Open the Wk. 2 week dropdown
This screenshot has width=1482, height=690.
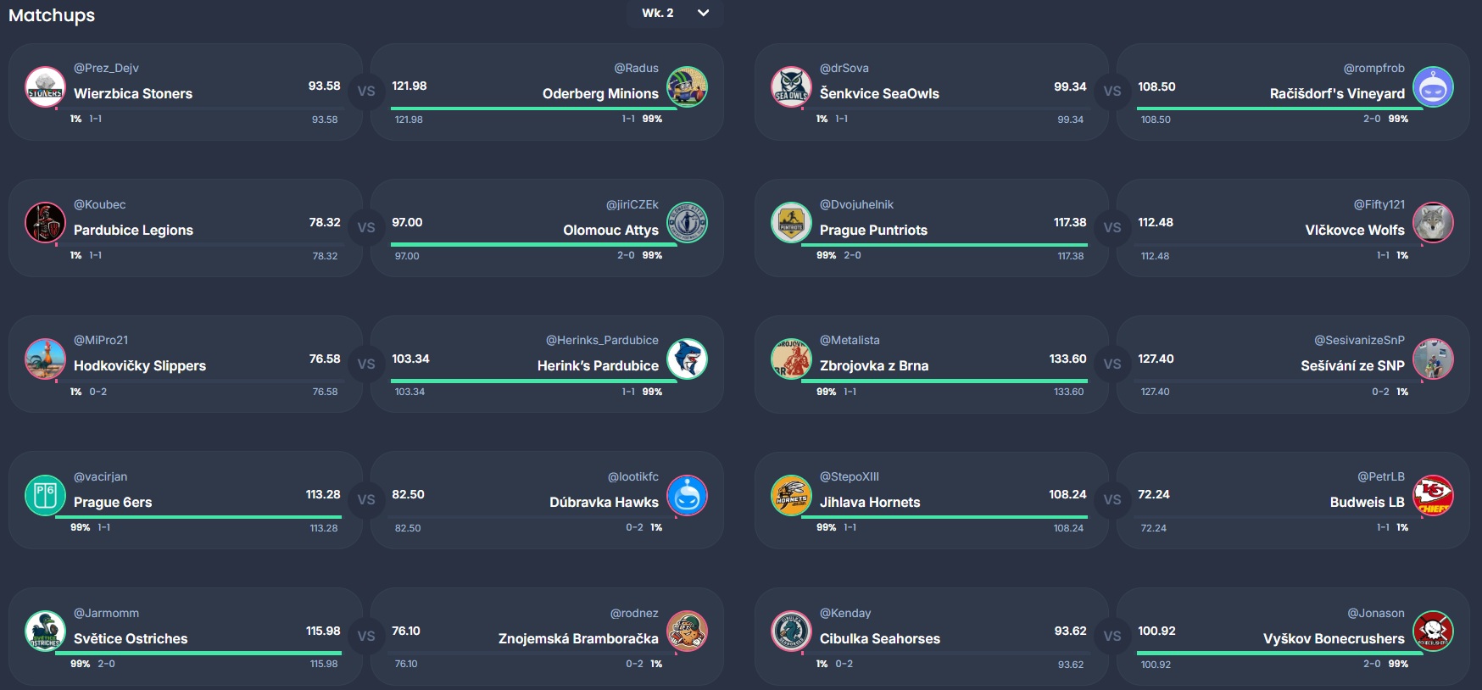click(x=676, y=13)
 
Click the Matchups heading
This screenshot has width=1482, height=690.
click(x=52, y=15)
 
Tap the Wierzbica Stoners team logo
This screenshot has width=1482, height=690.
click(x=46, y=87)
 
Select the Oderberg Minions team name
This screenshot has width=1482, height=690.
click(x=600, y=93)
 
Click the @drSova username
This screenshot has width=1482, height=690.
click(x=844, y=68)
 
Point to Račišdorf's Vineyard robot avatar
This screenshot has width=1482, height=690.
click(x=1433, y=87)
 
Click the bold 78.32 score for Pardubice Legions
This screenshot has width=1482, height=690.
click(x=325, y=222)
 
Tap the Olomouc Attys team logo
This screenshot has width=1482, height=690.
click(x=687, y=223)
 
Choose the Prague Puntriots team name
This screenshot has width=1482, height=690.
click(x=873, y=230)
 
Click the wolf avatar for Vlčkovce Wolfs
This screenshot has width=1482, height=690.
click(x=1433, y=223)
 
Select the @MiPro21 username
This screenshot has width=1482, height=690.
click(x=101, y=340)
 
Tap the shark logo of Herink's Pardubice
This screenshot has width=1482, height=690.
click(x=687, y=359)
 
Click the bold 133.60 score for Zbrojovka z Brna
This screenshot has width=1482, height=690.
click(x=1067, y=359)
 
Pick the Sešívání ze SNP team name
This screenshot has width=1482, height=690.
click(x=1352, y=365)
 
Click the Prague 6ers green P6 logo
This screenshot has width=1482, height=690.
click(x=46, y=496)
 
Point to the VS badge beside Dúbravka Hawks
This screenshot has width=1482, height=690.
click(x=366, y=500)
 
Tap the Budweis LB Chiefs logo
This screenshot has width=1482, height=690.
click(x=1433, y=496)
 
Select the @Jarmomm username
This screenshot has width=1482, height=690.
click(x=106, y=613)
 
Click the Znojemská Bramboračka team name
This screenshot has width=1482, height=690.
click(x=578, y=638)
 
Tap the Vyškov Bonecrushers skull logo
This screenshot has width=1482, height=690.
click(x=1433, y=632)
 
